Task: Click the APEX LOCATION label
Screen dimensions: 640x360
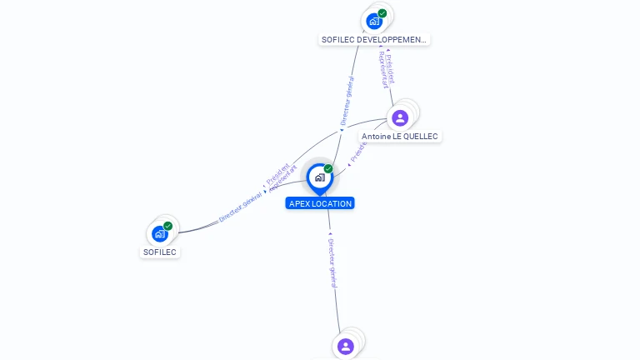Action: click(320, 203)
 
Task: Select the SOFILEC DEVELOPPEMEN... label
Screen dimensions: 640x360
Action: click(374, 39)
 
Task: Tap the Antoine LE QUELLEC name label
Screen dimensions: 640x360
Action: click(400, 136)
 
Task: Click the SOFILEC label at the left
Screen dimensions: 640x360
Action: click(160, 252)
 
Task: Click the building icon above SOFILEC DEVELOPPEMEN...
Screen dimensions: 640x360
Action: click(374, 21)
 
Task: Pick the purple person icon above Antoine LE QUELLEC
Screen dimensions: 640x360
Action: click(400, 117)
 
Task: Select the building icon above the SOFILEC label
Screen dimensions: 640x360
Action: click(159, 234)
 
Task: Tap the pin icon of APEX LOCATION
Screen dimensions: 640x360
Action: click(319, 177)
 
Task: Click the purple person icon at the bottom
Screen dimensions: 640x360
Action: click(346, 345)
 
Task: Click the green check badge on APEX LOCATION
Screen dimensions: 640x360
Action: click(328, 168)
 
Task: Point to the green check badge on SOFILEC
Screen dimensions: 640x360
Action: click(167, 226)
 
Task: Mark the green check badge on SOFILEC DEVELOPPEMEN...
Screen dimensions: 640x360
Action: click(382, 13)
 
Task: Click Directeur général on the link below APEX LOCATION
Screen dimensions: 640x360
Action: click(332, 257)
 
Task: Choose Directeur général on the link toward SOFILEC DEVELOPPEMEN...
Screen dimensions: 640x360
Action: click(348, 101)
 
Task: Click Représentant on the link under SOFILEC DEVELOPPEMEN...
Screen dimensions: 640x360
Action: click(382, 69)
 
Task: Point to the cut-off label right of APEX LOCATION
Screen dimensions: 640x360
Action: click(358, 151)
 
